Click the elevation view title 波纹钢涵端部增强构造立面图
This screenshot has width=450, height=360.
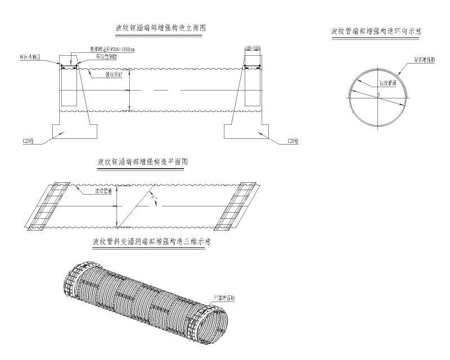coord(159,28)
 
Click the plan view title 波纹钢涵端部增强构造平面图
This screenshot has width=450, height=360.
coord(142,161)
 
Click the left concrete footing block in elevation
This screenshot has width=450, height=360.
coord(74,131)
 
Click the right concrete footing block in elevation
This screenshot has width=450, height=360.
coord(242,131)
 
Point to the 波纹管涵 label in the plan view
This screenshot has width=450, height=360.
coord(103,192)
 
